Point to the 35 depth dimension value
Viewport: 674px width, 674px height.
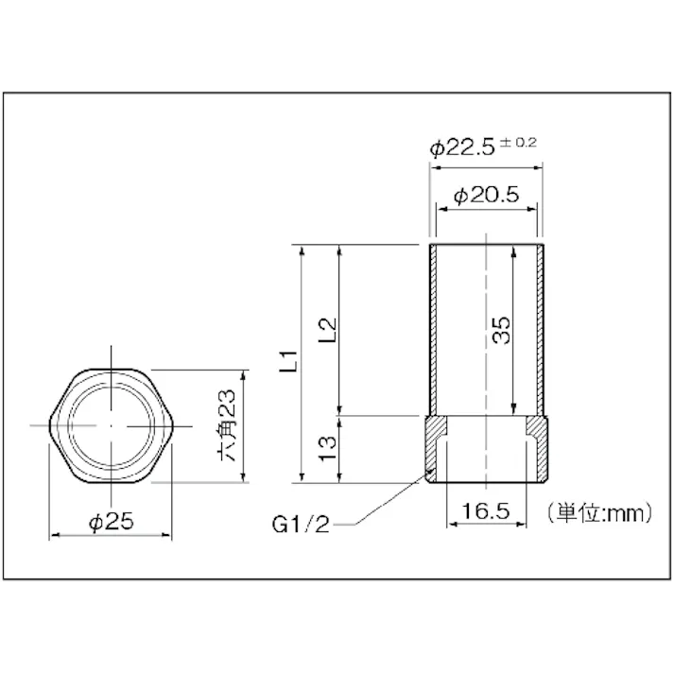pos(501,330)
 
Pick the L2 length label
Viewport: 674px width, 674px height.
pos(329,329)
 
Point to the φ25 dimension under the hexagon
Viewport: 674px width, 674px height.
pos(112,520)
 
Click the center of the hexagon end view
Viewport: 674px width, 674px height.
pos(112,425)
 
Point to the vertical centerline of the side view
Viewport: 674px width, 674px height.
pos(486,378)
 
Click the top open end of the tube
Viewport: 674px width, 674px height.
pos(486,245)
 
